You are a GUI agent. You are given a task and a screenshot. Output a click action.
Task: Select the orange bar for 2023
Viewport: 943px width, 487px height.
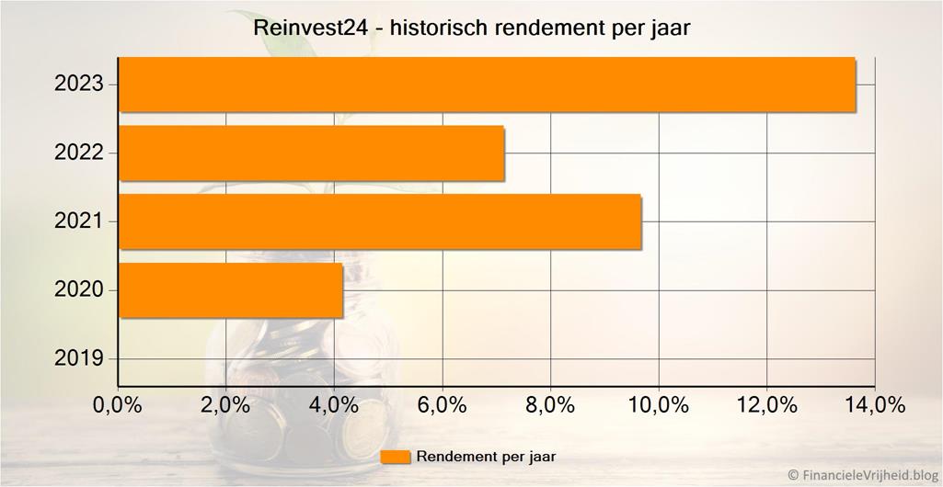(x=488, y=85)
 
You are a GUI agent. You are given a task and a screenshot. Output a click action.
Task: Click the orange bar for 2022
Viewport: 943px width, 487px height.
(x=312, y=153)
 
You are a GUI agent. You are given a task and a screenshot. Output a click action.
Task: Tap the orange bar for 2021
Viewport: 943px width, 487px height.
(x=380, y=221)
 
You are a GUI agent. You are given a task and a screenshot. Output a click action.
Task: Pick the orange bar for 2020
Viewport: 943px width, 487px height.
(x=231, y=290)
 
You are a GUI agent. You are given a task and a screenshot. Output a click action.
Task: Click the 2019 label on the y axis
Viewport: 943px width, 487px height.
(x=79, y=358)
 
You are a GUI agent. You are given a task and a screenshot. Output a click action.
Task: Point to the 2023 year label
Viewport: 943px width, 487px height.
(x=79, y=85)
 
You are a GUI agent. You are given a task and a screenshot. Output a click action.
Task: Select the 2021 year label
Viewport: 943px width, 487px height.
(x=79, y=221)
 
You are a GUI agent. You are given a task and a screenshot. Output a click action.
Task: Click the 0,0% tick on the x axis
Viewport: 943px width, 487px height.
(x=118, y=405)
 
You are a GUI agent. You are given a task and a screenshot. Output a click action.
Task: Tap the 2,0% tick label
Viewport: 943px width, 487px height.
(x=225, y=405)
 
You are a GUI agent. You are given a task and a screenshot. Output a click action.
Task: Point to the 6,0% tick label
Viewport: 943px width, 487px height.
(x=443, y=405)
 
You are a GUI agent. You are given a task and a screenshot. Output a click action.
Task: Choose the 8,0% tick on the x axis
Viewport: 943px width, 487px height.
(x=550, y=405)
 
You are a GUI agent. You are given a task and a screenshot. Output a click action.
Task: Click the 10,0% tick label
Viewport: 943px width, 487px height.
(x=659, y=405)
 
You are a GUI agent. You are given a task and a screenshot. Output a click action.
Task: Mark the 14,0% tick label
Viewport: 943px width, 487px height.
(x=875, y=405)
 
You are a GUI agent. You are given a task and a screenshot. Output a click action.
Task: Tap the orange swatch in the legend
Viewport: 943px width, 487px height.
(x=395, y=457)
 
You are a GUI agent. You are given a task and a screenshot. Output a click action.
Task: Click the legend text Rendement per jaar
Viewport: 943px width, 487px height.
(x=486, y=457)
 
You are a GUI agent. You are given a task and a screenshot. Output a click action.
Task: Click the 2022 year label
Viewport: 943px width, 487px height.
(x=79, y=153)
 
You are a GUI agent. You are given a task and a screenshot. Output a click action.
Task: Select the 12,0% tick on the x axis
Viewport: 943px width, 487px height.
(x=767, y=405)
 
